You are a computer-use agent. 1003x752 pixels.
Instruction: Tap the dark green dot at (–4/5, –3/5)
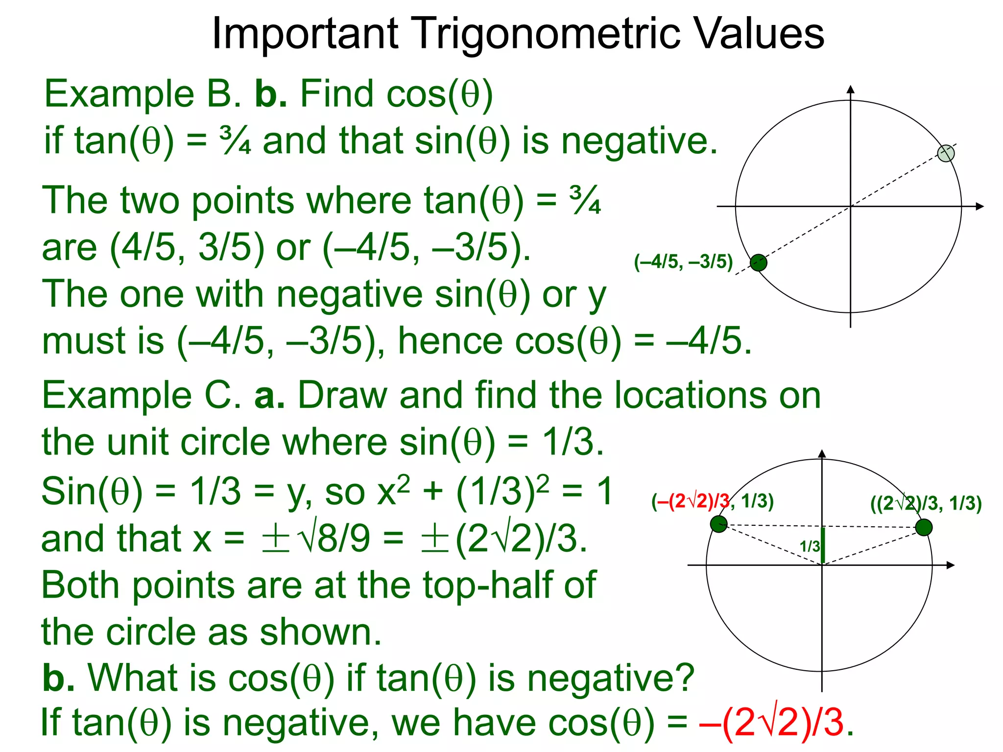(x=759, y=263)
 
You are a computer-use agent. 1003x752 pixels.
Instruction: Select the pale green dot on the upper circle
(x=946, y=153)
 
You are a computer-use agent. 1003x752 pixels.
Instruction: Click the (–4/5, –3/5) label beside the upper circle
(x=683, y=262)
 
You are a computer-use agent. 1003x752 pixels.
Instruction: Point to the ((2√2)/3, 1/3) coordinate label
(x=926, y=503)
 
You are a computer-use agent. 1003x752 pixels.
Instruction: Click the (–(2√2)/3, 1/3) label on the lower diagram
(x=712, y=501)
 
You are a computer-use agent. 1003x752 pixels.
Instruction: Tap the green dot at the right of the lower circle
(x=924, y=528)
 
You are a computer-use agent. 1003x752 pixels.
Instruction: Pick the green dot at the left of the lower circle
(x=718, y=524)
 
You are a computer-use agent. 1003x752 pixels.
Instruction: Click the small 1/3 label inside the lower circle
(x=809, y=546)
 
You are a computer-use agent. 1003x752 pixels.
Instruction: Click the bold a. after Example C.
(x=269, y=396)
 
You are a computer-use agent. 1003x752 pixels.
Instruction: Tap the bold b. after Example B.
(x=271, y=94)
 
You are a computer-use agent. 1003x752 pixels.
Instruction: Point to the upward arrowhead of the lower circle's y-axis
(x=822, y=453)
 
